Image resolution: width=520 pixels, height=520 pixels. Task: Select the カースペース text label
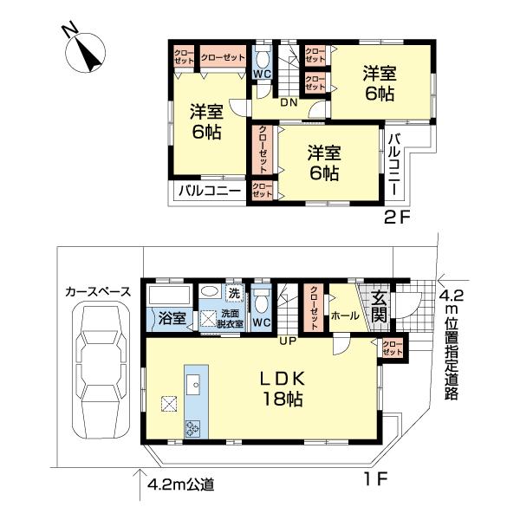tap(97, 292)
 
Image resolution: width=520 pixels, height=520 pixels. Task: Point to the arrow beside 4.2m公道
tap(139, 478)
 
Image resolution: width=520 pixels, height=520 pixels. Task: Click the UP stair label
tap(287, 340)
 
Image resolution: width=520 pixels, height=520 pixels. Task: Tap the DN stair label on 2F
tap(289, 102)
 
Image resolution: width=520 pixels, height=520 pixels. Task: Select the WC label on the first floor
tap(263, 323)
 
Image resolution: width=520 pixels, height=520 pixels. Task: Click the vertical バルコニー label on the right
tap(394, 166)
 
